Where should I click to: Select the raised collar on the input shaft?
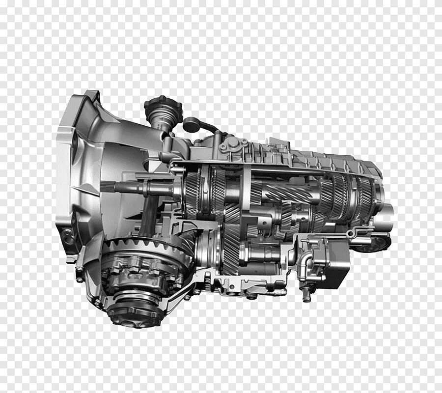tap(147, 187)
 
